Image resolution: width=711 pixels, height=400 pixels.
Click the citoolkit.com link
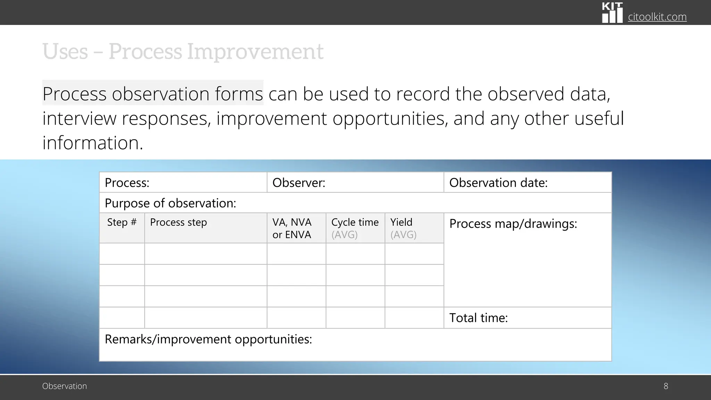click(x=657, y=17)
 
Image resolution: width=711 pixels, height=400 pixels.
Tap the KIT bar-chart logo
click(x=612, y=13)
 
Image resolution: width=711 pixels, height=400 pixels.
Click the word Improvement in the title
click(x=255, y=52)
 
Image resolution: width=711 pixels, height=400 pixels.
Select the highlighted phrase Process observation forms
click(x=153, y=94)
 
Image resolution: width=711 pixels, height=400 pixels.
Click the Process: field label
click(x=127, y=183)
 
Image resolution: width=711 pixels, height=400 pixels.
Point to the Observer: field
click(x=299, y=183)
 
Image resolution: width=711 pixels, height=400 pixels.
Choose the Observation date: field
click(x=498, y=183)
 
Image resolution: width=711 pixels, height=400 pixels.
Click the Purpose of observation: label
click(x=170, y=203)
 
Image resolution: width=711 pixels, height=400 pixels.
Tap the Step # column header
click(x=122, y=222)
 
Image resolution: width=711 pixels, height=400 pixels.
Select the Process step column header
click(x=178, y=222)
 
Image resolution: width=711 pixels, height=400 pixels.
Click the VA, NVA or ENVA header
click(x=292, y=228)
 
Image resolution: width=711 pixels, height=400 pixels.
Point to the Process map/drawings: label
click(x=513, y=224)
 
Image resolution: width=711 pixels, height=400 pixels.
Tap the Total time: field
click(x=478, y=318)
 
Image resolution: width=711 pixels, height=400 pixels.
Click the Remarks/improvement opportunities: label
click(x=208, y=339)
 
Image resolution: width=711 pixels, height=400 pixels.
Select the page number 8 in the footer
click(x=666, y=386)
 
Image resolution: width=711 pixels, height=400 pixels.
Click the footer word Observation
click(x=65, y=386)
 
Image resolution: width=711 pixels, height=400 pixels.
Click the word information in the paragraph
click(x=93, y=143)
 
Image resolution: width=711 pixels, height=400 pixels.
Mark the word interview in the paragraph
click(x=79, y=118)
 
